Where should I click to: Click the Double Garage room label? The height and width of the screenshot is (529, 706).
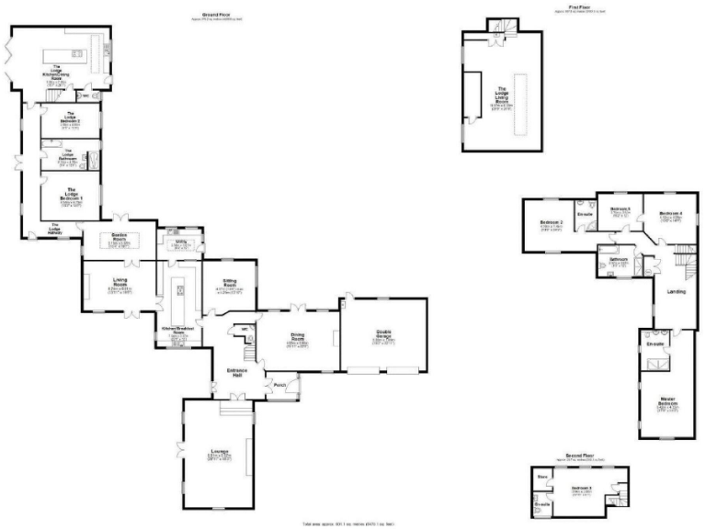point(383,337)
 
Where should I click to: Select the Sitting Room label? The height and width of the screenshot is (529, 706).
point(228,286)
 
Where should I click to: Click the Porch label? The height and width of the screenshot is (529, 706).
point(279,384)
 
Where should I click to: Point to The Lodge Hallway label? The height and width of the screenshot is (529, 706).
point(54,231)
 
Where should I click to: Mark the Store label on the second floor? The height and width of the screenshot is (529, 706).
point(542,476)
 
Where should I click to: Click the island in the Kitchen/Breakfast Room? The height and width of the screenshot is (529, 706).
point(180,291)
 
